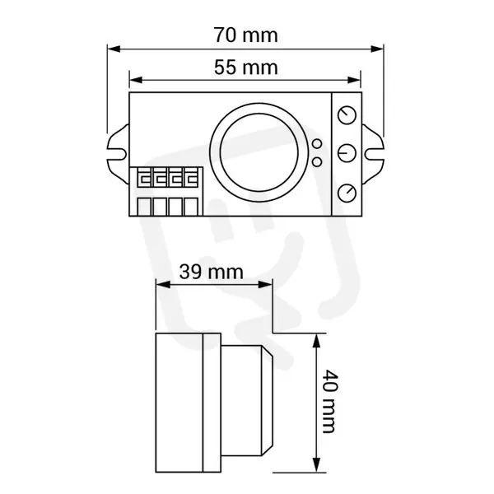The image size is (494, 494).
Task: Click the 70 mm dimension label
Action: (x=245, y=35)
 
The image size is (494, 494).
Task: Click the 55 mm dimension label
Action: (x=245, y=68)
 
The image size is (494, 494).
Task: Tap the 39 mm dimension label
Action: (x=211, y=272)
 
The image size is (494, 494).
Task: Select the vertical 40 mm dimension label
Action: (x=330, y=401)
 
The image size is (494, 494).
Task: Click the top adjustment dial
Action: (x=347, y=115)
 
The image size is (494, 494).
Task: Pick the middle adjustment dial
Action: (x=347, y=153)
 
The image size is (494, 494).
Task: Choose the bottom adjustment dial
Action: (x=347, y=193)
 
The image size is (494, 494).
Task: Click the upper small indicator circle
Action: (x=317, y=143)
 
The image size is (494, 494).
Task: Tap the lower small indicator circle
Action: (x=317, y=162)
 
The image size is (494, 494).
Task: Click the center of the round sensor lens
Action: (x=259, y=152)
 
